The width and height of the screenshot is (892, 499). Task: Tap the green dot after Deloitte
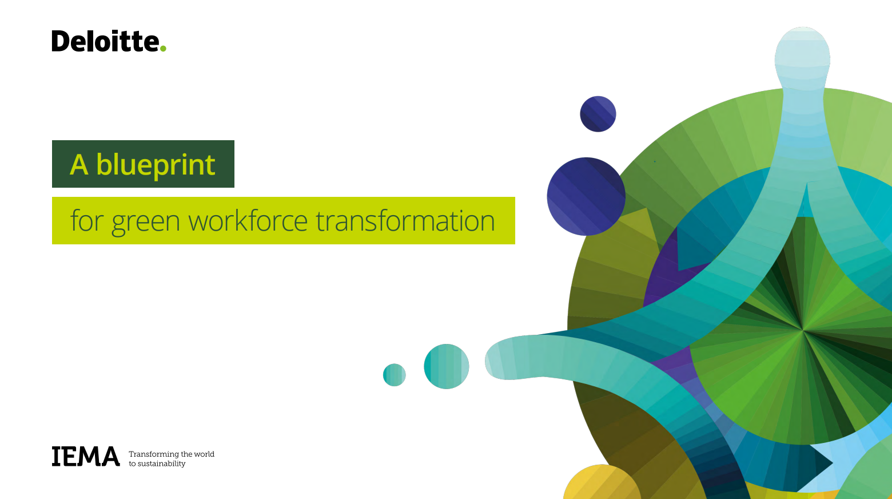(163, 48)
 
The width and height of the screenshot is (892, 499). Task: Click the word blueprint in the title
(156, 165)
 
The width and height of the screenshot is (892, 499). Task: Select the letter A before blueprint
(79, 165)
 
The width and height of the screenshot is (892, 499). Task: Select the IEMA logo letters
(86, 456)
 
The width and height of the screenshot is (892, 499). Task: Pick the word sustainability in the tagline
(161, 464)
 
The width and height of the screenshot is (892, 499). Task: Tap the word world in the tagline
(204, 454)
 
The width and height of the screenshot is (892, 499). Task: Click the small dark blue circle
(598, 114)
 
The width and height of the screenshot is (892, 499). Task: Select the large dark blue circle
(586, 196)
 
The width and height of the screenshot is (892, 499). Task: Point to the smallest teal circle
(394, 375)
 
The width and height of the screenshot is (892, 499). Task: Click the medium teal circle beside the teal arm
(447, 366)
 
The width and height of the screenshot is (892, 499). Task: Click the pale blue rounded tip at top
(802, 56)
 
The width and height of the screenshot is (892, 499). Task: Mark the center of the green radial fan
(802, 330)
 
